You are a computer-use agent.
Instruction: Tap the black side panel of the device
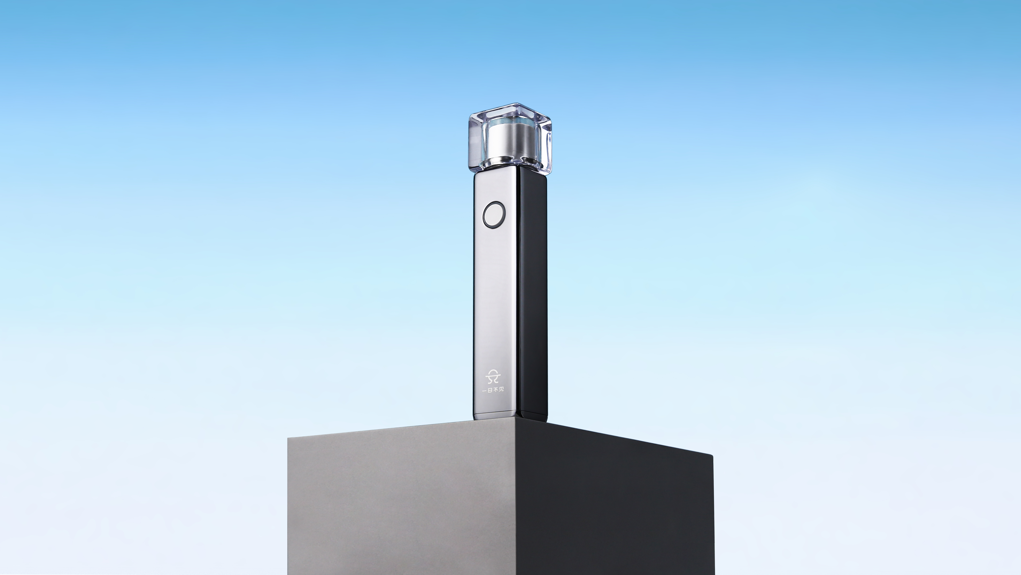[533, 298]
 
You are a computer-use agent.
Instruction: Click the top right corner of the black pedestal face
[713, 456]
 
